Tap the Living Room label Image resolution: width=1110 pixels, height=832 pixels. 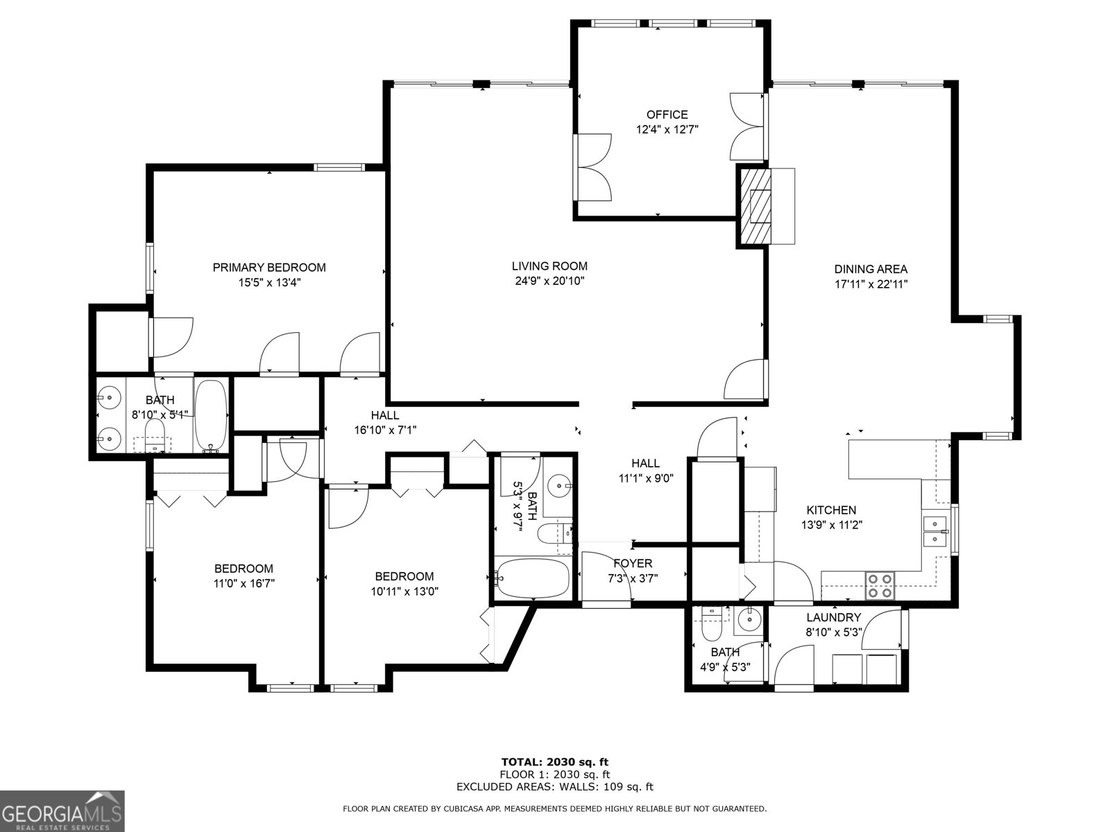tap(549, 266)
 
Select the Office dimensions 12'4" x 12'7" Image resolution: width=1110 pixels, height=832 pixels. tap(667, 130)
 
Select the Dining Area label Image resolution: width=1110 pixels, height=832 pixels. tap(870, 269)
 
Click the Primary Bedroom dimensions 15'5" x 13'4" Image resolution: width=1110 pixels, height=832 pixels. tap(269, 282)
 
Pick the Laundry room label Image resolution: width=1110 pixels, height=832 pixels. tap(833, 617)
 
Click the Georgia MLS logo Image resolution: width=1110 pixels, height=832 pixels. tap(62, 811)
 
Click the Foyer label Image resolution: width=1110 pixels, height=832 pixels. tap(632, 563)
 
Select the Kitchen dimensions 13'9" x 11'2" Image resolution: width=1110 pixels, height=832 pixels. tap(831, 525)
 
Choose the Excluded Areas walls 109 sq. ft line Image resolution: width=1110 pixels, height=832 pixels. tap(555, 787)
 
